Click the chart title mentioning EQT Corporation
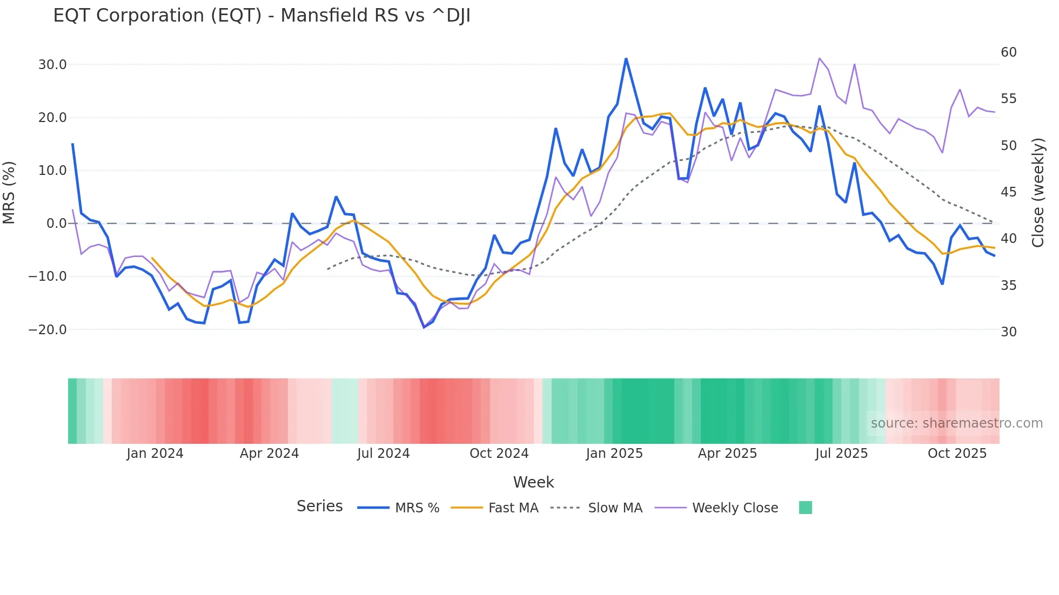pyautogui.click(x=262, y=16)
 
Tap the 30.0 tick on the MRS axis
pyautogui.click(x=52, y=65)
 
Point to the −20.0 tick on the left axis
pyautogui.click(x=48, y=329)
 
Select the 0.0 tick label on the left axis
pyautogui.click(x=56, y=224)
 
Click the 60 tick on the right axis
pyautogui.click(x=1008, y=52)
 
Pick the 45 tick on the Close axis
pyautogui.click(x=1008, y=192)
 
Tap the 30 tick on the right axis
pyautogui.click(x=1008, y=332)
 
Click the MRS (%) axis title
pyautogui.click(x=9, y=193)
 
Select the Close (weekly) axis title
pyautogui.click(x=1037, y=193)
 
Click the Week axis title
pyautogui.click(x=533, y=482)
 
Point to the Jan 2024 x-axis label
pyautogui.click(x=155, y=454)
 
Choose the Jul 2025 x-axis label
pyautogui.click(x=841, y=454)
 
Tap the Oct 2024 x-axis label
pyautogui.click(x=499, y=454)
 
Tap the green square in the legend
pyautogui.click(x=805, y=508)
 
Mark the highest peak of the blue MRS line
pyautogui.click(x=626, y=58)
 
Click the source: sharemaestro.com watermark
pyautogui.click(x=956, y=423)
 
